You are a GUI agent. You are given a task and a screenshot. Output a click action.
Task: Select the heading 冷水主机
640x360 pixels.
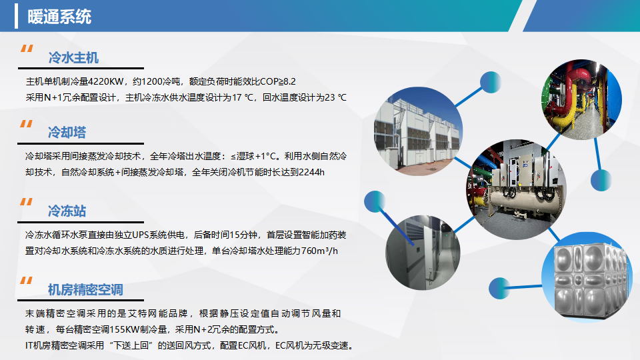coord(73,57)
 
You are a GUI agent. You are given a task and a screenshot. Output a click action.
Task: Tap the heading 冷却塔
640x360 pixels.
coord(67,132)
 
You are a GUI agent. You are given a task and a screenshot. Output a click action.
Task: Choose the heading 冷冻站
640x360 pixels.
coord(67,211)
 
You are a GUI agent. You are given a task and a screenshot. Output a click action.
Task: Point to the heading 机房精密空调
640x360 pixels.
coord(85,290)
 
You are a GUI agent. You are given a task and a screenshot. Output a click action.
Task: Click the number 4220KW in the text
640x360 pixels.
coord(106,81)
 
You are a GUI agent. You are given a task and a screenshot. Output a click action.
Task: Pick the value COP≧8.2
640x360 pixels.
coord(277,81)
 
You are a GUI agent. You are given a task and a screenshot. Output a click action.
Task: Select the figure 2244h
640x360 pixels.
coord(311,172)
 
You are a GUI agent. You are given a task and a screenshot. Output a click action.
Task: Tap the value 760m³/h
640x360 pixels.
coord(319,251)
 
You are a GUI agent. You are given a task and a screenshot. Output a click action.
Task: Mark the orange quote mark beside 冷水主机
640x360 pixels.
coord(27,49)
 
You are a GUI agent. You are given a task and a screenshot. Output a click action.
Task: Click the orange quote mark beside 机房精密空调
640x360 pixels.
coord(27,281)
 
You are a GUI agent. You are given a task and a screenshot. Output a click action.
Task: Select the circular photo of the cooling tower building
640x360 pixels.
coord(419,131)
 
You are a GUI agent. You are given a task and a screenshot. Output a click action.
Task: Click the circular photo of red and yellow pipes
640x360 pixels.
coord(581,99)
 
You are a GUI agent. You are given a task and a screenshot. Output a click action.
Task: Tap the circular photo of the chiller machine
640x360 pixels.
coord(516,189)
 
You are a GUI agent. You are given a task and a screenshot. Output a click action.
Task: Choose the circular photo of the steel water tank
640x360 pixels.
coord(587,277)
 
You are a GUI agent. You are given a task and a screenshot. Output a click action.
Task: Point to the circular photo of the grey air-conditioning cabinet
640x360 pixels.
coord(423,253)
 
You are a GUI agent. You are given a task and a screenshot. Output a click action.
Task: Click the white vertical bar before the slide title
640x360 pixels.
coord(16,16)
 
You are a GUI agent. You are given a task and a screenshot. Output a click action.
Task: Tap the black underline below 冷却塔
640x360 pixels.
coord(81,144)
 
